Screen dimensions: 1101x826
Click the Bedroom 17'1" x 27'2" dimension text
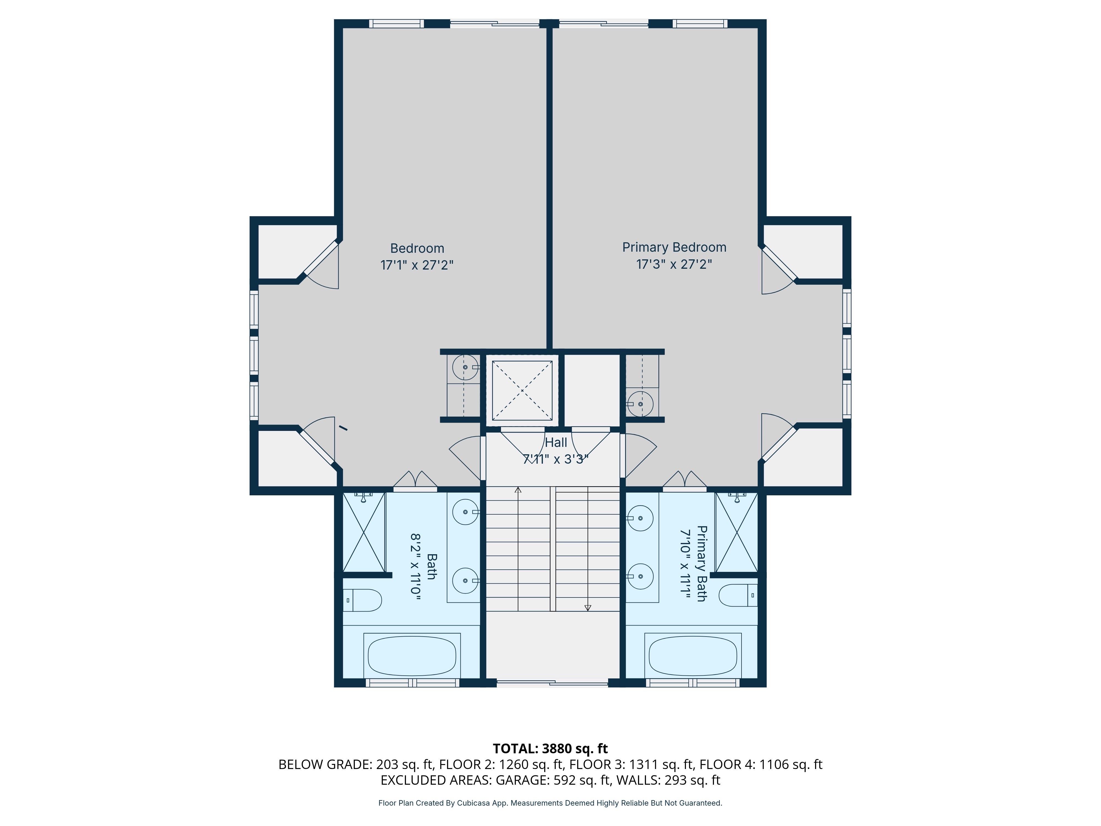coord(417,265)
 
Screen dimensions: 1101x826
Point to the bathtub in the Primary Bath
coord(693,655)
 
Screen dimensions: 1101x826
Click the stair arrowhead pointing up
coord(518,490)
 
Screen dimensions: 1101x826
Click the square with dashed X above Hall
coord(522,390)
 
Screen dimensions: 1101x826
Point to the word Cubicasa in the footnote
coord(473,803)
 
